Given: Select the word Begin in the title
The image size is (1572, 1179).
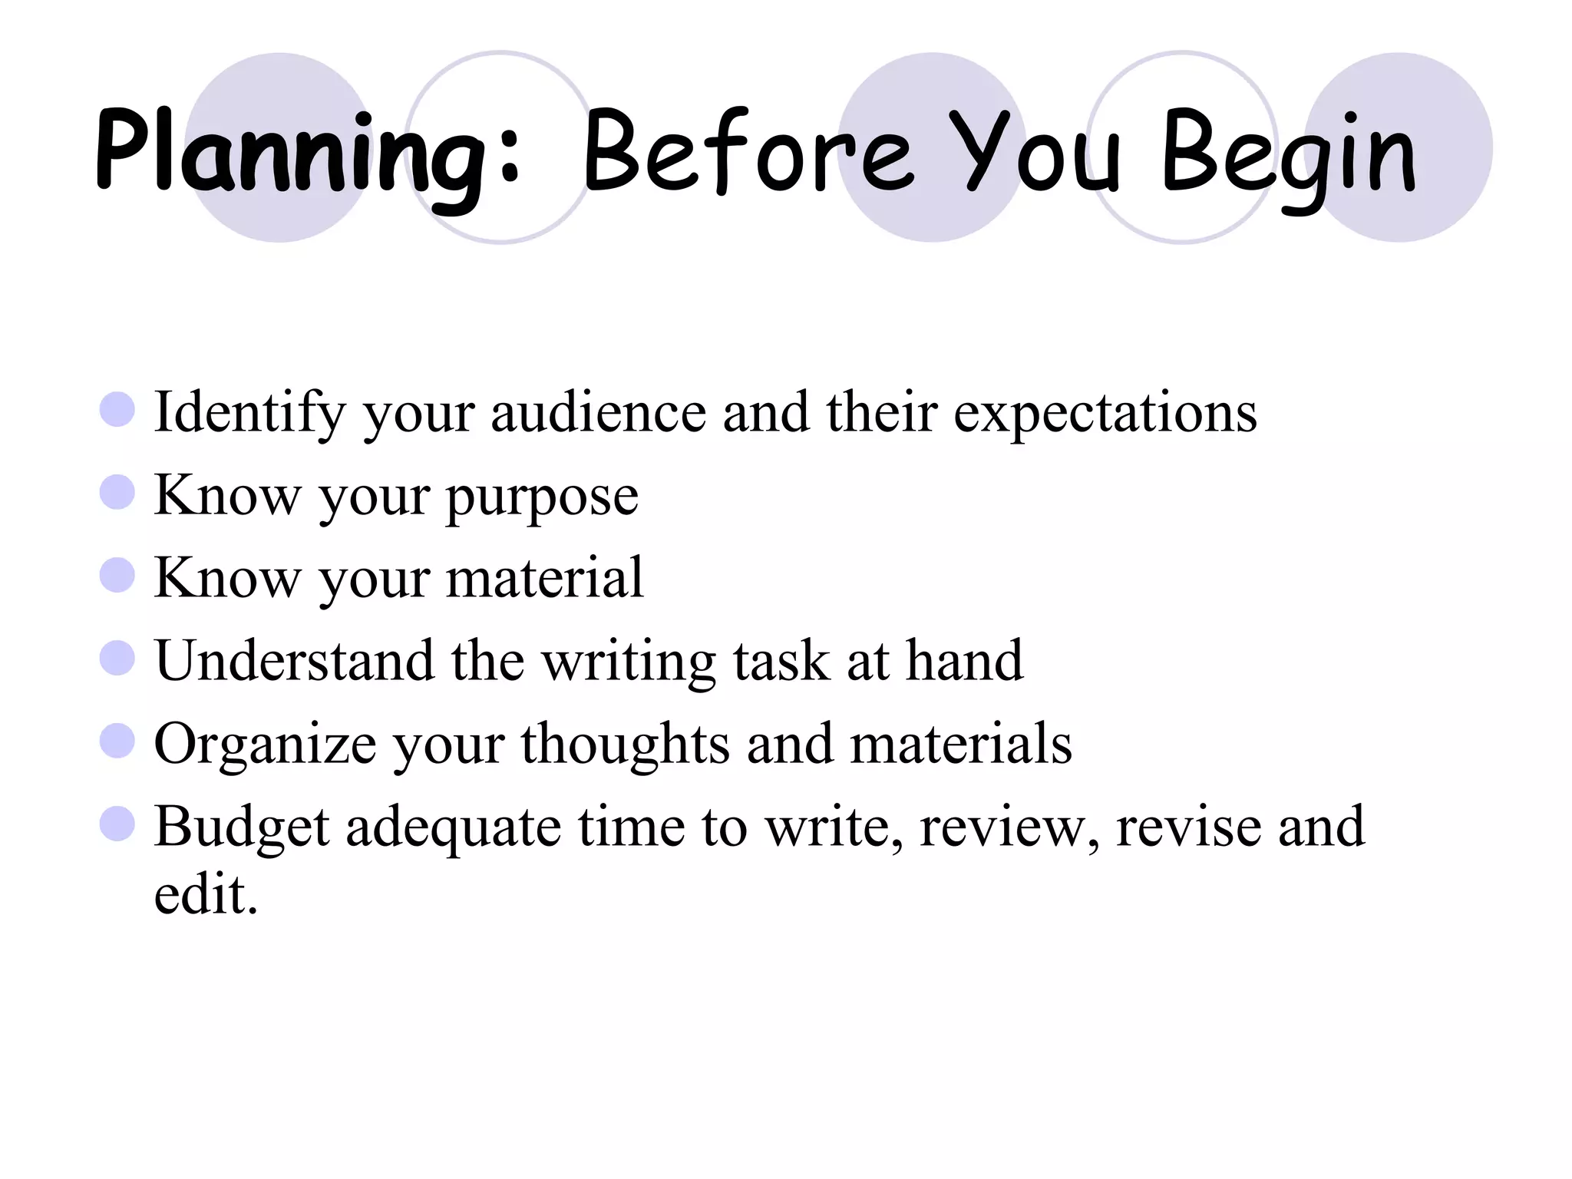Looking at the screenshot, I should coord(1290,154).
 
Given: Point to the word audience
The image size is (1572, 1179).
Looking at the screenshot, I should coord(598,413).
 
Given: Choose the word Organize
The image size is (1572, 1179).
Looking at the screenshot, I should coord(265,745).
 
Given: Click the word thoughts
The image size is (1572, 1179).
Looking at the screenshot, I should coord(625,745).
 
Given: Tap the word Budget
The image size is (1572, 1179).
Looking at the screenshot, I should coord(241,827).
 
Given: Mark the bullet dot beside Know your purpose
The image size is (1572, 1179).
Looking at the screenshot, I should coord(117,492).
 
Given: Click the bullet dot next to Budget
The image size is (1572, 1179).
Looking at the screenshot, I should coord(117,824).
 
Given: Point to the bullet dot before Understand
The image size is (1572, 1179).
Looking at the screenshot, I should coord(117,658).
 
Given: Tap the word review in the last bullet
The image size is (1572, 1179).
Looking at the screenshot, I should coord(1008,827).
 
